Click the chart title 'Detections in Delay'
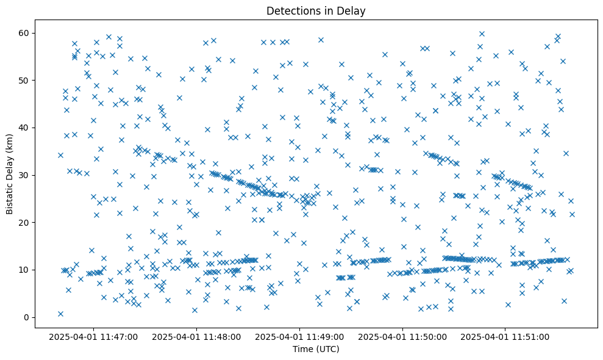(316, 10)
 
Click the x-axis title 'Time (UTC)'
(316, 350)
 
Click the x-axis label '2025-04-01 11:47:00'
(94, 336)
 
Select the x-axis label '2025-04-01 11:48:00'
(197, 336)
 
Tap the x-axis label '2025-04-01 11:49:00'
(300, 336)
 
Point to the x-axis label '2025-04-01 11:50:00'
(403, 336)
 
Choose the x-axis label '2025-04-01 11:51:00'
(505, 336)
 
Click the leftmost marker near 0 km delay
(60, 314)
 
